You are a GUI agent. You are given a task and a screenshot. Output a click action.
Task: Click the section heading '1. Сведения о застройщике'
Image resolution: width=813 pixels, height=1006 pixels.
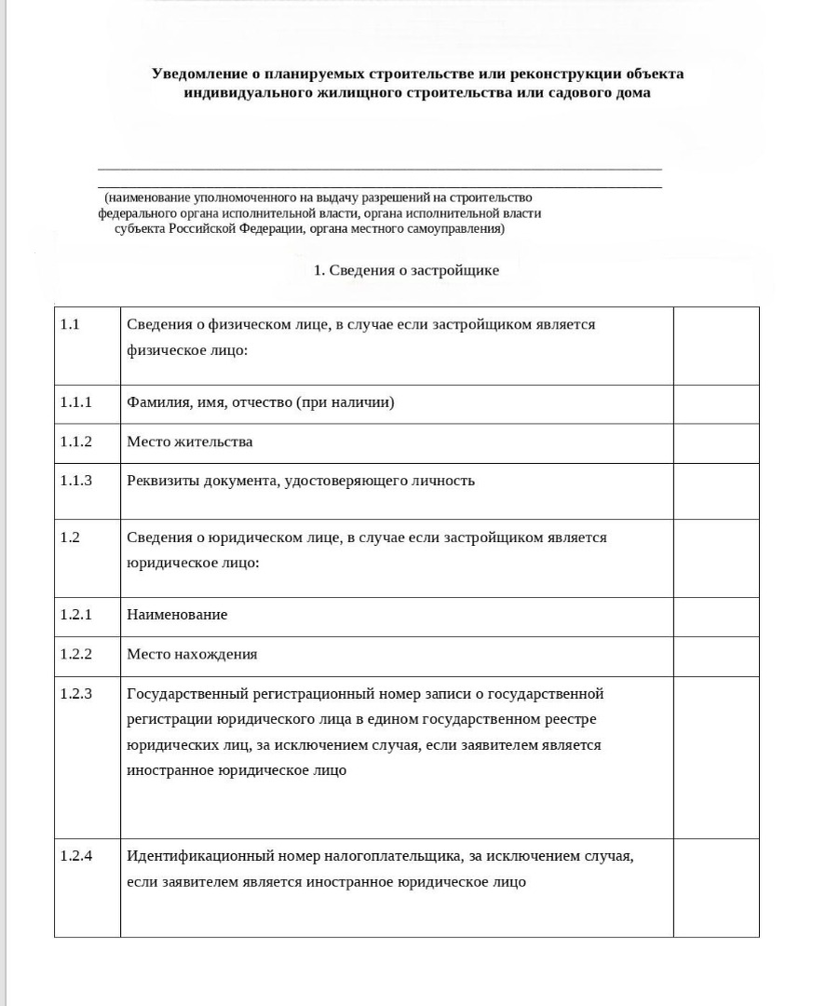coord(406,270)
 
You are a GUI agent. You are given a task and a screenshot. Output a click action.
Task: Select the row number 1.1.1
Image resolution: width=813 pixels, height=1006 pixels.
coord(76,402)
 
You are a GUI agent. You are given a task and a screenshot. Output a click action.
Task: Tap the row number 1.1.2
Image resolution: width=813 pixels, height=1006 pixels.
coord(76,442)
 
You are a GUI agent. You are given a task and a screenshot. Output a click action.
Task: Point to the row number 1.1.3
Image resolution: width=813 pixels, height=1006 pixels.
coord(76,481)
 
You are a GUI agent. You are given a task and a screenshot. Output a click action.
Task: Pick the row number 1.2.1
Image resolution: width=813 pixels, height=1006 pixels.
coord(76,615)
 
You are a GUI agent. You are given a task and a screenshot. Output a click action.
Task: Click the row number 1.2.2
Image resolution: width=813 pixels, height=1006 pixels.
coord(76,654)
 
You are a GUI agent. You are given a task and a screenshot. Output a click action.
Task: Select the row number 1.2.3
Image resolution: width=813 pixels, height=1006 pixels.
coord(76,694)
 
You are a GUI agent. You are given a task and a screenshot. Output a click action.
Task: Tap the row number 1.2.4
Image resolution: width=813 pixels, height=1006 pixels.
coord(76,856)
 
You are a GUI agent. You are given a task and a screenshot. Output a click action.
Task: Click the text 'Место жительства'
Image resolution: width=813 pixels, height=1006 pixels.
coord(189,442)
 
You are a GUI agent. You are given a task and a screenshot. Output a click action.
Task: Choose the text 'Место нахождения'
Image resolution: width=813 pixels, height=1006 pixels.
coord(192,654)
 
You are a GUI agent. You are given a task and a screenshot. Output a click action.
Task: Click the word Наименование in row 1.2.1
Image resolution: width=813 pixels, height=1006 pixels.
coord(177,615)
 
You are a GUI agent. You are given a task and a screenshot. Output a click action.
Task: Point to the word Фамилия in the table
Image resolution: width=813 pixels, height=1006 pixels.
coord(157,402)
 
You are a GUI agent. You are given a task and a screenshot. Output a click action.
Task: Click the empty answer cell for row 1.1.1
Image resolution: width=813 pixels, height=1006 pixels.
coord(715,403)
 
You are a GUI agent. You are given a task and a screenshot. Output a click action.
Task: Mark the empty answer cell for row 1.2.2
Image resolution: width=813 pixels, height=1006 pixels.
coord(715,656)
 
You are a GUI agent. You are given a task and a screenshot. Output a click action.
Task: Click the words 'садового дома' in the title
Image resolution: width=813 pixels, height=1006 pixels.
coord(605,93)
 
